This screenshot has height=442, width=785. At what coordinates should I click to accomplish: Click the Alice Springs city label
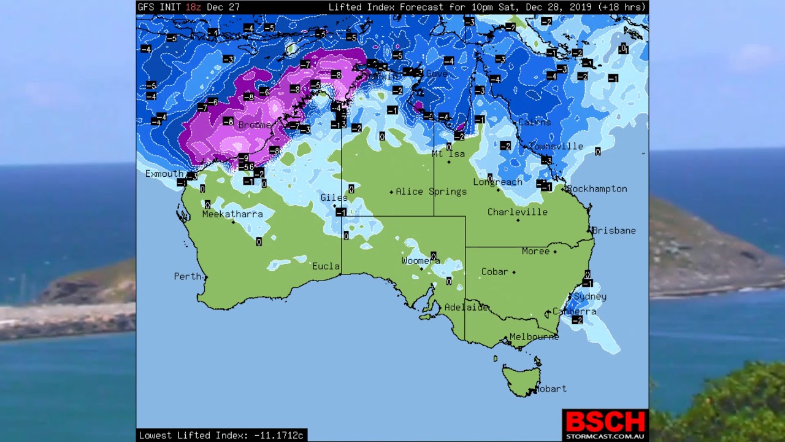tap(431, 192)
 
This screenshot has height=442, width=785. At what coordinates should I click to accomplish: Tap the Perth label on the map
tap(188, 276)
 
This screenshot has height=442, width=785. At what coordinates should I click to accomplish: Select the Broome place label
tap(255, 125)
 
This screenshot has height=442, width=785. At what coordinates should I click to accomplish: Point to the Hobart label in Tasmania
tap(551, 389)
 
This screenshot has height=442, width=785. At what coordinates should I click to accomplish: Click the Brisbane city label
tap(614, 231)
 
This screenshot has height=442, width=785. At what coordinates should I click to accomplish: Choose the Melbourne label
tap(534, 337)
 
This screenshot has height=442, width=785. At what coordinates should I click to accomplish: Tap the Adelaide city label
tap(466, 308)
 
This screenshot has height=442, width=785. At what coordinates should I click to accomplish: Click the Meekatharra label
tap(232, 214)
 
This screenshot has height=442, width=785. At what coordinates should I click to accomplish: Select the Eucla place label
tap(326, 266)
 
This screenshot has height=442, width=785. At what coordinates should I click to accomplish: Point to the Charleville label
tap(518, 212)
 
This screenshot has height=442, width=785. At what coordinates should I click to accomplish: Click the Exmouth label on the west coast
tap(164, 174)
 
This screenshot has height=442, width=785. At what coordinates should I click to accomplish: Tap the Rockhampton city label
tap(597, 189)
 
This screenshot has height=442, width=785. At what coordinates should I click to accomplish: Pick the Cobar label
tap(495, 271)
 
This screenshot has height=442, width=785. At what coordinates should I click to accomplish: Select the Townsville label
tap(556, 147)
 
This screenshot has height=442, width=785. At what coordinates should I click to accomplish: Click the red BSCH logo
tap(605, 422)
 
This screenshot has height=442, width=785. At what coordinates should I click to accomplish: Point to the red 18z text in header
tap(194, 7)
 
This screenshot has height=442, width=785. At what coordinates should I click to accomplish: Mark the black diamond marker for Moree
tap(555, 252)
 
